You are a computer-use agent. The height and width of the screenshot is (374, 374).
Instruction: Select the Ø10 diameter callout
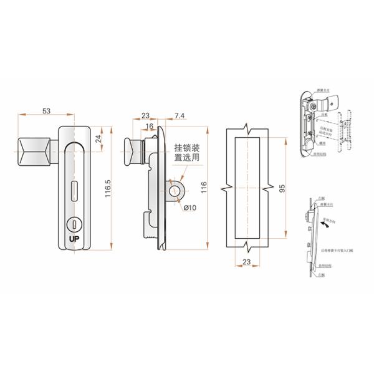189,207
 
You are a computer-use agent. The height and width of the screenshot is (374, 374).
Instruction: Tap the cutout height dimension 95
282,188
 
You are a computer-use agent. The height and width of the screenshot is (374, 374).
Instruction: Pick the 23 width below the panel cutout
247,263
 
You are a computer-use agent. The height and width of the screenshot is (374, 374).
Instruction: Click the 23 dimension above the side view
145,115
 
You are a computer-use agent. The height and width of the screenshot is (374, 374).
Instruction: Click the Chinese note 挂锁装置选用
186,153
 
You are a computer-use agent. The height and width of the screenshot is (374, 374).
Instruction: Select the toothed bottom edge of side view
150,237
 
